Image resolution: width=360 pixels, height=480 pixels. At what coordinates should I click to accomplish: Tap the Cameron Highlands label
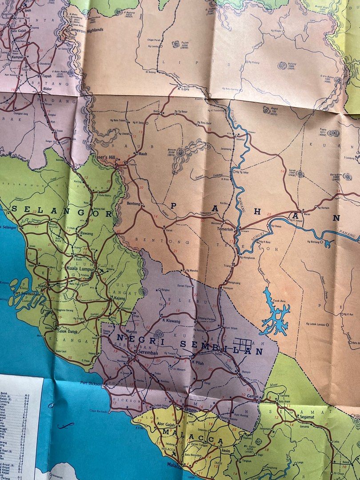85,30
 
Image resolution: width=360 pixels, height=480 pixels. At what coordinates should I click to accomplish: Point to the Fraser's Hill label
104,157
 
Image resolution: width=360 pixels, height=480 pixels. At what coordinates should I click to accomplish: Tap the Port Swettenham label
27,294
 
